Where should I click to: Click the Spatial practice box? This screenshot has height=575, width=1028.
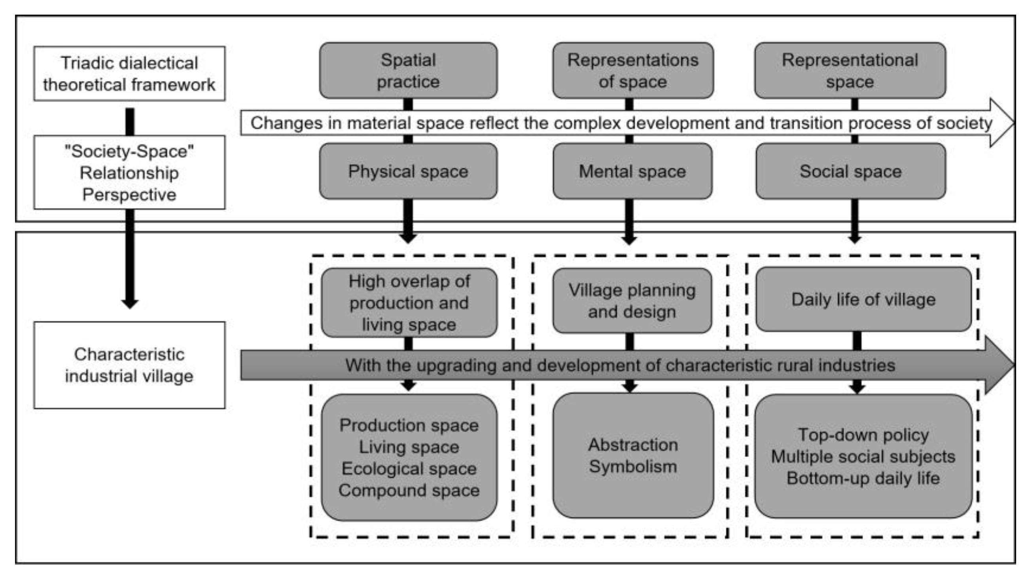coord(408,71)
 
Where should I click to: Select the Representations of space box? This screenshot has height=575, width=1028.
coord(632,71)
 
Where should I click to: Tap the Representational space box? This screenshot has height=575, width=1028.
coord(850,71)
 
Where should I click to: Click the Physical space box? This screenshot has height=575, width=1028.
coord(408,172)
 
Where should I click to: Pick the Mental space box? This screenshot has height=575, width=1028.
coord(632,172)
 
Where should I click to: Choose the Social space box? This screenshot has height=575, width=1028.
coord(850,172)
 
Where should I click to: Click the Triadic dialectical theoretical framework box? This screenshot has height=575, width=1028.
coord(129,74)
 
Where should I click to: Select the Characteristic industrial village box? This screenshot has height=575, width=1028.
coord(129,365)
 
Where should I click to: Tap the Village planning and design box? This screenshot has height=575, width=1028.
coord(632,301)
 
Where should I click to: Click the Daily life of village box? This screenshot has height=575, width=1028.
coord(863,299)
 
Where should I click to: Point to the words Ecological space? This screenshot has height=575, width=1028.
coord(409,469)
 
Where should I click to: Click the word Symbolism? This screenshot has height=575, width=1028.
coord(633,467)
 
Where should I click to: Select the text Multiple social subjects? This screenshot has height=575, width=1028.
coord(863,456)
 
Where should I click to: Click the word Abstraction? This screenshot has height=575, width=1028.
coord(633,444)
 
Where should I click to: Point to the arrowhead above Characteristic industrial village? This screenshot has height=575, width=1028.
coord(129,303)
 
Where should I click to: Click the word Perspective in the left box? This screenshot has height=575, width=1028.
coord(129,195)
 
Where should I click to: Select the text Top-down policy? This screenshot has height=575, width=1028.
coord(863,435)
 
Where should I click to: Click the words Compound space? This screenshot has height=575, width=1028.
coord(409,490)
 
